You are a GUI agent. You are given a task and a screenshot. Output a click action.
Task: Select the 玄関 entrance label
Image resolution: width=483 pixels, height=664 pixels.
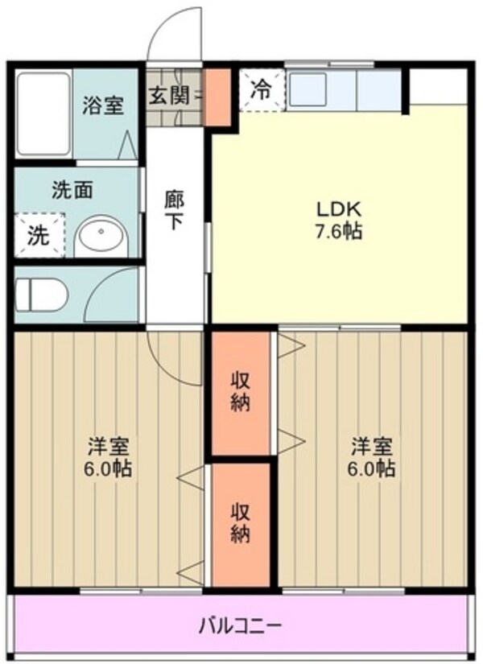tap(169, 95)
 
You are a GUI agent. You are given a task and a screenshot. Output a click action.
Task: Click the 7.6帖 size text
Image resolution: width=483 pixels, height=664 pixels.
tap(339, 232)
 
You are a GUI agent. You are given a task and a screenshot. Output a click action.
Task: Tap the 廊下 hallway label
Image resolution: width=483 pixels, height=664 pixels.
tap(174, 208)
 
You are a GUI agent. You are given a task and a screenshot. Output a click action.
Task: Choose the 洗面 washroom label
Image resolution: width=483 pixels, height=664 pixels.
tap(73, 191)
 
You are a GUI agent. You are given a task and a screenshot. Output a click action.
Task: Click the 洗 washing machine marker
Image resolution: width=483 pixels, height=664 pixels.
tap(39, 236)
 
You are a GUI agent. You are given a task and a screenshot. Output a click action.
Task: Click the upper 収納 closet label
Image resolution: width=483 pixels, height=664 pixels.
tap(241, 391)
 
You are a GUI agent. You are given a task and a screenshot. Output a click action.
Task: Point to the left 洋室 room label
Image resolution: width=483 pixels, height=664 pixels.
tap(109, 456)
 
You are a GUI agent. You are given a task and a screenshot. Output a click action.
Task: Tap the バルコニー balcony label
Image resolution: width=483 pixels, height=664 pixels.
tap(241, 624)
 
